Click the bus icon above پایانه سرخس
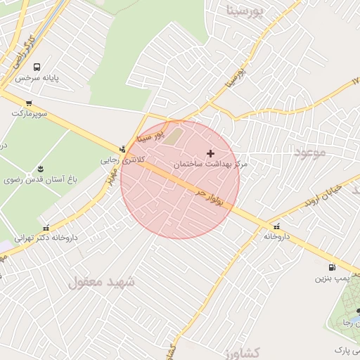36,67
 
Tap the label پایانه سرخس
37,78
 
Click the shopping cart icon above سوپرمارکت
29,103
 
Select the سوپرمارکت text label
29,112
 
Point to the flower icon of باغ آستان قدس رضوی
39,169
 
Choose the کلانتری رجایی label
124,160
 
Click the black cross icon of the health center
210,153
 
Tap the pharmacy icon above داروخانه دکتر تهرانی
46,227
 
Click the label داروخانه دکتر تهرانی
46,238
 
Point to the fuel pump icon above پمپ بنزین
331,267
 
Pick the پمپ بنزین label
332,278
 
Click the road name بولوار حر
210,198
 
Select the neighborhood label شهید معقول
101,282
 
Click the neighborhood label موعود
310,152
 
